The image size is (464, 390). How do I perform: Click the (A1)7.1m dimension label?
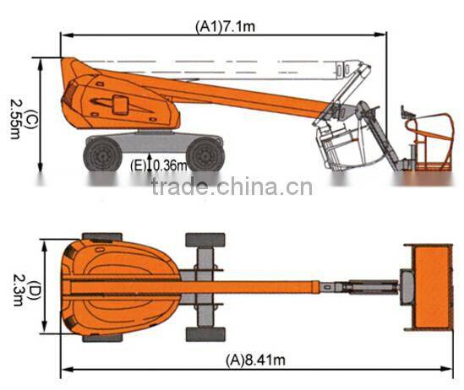coord(225,27)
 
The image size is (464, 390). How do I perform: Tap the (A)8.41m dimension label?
coord(256,360)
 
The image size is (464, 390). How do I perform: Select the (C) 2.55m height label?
coord(23,119)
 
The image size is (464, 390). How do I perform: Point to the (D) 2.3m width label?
coord(26,290)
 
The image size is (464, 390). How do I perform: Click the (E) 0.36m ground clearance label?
coord(159,165)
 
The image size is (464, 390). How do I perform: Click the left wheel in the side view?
coord(102,154)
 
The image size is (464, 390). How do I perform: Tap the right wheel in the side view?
coord(205,154)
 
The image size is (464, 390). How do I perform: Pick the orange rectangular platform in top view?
coord(431,287)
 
